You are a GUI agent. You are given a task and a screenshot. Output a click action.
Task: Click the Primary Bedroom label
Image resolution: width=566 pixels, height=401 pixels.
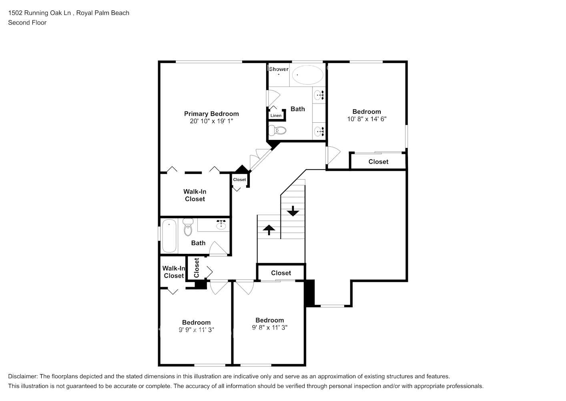coord(211,113)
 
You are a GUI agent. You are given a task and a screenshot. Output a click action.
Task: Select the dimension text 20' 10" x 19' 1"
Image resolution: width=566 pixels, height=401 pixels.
coord(211,121)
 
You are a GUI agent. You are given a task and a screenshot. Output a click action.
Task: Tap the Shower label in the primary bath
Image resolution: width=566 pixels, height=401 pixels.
coord(279,69)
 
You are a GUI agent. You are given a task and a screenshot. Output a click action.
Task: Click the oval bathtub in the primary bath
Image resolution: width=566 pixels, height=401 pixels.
coord(307,75)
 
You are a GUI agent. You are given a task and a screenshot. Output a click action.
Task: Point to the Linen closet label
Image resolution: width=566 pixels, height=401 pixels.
coord(276,115)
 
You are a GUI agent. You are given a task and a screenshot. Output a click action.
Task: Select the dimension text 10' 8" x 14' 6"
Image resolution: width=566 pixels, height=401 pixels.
coord(367,119)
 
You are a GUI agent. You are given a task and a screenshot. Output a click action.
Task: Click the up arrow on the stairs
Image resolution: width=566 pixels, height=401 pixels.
coord(269,229)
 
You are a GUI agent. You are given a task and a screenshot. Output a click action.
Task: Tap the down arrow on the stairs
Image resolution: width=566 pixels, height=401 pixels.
coord(293,211)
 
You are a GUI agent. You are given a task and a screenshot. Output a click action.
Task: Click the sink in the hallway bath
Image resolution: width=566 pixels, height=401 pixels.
coord(221,225)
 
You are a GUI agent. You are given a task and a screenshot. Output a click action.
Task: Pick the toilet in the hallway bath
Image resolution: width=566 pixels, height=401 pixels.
coord(188,227)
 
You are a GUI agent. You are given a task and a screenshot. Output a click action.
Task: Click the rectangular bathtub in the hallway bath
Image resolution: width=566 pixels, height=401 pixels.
coord(169,236)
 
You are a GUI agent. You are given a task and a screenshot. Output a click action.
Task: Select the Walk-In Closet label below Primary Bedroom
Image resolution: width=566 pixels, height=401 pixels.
coord(195,195)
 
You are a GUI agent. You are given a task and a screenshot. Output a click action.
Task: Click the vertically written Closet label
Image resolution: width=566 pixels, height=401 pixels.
coord(196,268)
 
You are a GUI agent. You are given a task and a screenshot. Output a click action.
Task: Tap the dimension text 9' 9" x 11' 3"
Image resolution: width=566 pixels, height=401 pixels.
coord(196,330)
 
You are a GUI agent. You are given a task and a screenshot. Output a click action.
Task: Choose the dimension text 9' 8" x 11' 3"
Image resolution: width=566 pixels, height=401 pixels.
coord(269,327)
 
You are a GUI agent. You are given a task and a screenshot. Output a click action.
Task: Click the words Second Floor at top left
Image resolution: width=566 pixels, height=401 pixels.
coord(27,22)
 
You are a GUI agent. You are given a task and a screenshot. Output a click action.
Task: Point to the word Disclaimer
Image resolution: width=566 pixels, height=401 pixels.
coord(22,376)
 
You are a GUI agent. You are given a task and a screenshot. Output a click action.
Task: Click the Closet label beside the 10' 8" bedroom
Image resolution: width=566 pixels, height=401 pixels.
coord(378,162)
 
